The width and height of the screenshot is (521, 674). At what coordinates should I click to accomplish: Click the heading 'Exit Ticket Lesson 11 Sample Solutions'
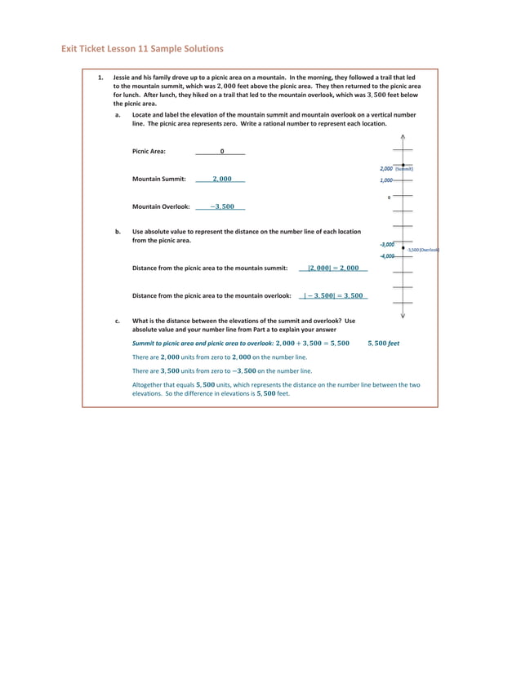click(142, 49)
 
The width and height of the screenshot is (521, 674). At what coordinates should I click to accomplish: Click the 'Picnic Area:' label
click(149, 151)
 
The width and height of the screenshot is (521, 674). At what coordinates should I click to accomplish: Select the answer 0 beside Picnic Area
click(221, 151)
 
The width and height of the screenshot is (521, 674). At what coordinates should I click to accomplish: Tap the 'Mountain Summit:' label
click(158, 179)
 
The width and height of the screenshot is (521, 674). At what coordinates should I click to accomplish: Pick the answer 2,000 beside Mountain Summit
click(222, 179)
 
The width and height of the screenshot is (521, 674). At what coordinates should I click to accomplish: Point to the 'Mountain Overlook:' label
click(161, 206)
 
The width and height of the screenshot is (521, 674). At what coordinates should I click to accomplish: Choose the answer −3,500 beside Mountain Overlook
click(222, 206)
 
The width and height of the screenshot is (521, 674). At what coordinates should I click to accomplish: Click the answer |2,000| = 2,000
click(333, 268)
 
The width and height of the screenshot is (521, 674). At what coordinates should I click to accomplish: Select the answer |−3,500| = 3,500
click(333, 295)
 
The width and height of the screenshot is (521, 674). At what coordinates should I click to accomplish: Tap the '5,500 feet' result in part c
click(383, 344)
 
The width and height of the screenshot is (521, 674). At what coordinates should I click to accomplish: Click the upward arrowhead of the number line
click(403, 137)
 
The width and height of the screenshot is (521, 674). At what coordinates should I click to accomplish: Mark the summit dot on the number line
click(403, 165)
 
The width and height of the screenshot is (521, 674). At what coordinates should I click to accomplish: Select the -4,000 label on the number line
click(386, 256)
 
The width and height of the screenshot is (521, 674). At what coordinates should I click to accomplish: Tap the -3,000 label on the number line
click(386, 244)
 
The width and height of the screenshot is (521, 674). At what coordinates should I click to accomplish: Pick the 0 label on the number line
click(389, 197)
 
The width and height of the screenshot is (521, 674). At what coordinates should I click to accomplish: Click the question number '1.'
click(100, 78)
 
